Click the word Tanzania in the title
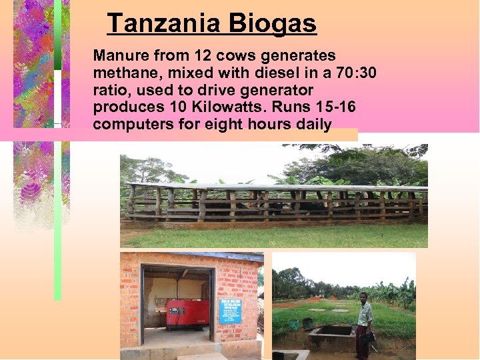[x=164, y=23]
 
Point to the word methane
[x=123, y=72]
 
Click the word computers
[x=131, y=124]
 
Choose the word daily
[x=312, y=124]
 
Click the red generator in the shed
[x=187, y=314]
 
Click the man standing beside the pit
[x=363, y=324]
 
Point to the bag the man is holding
[x=366, y=337]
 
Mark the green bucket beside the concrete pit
[x=294, y=325]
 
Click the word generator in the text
[x=275, y=89]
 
